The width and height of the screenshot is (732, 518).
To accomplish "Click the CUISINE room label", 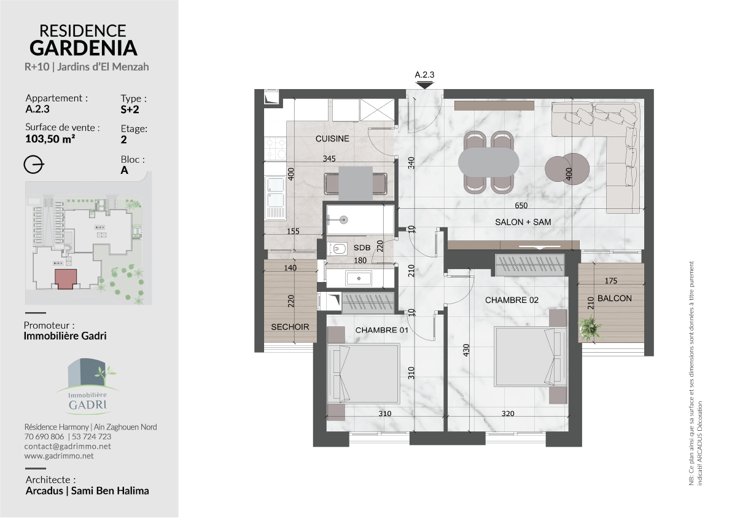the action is click(x=332, y=139).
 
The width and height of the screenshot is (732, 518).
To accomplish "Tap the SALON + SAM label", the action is click(x=523, y=222).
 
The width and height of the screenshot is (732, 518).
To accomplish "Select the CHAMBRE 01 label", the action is click(x=382, y=330).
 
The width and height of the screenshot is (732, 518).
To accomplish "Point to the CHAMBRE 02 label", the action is click(x=512, y=300).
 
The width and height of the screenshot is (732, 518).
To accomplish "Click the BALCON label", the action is click(x=614, y=299).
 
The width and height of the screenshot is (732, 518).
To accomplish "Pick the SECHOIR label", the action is click(x=290, y=327).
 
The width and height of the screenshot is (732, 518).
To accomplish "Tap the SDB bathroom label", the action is click(x=362, y=248).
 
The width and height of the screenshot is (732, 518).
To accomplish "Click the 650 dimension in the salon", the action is click(x=521, y=205).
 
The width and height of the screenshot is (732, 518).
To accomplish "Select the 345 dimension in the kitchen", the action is click(x=329, y=159).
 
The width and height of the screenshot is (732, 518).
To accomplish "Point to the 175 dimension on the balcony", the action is click(x=610, y=281).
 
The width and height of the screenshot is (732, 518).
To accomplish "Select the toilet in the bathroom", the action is click(x=338, y=249).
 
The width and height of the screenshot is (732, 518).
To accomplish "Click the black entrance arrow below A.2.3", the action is click(x=424, y=85).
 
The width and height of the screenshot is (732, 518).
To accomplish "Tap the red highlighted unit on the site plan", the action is click(x=66, y=279).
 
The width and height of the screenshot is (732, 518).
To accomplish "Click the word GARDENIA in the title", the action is click(x=84, y=48).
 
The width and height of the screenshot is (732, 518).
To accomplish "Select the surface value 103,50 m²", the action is click(x=50, y=139).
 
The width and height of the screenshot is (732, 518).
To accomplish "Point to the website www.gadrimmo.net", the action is click(x=59, y=456).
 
